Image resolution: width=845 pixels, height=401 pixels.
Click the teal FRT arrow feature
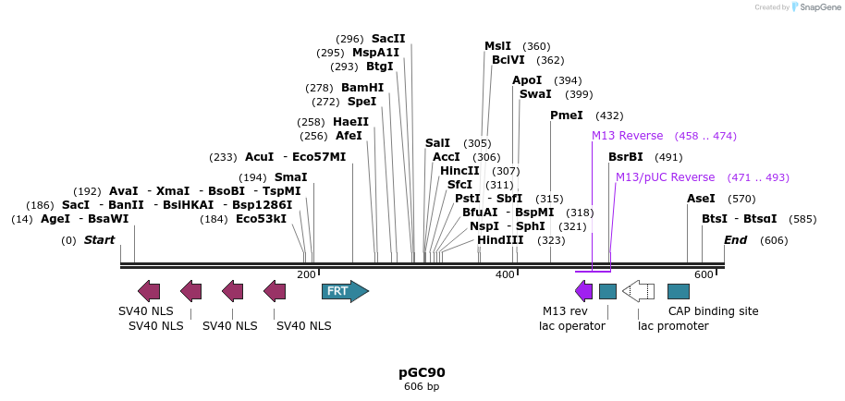click(345, 292)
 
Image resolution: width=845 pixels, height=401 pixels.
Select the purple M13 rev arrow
click(584, 292)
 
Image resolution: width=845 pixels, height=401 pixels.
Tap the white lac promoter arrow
click(639, 292)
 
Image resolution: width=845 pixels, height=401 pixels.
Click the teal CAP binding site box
click(679, 292)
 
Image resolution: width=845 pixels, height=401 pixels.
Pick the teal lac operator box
click(607, 292)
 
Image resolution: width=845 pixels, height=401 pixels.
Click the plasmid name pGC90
click(422, 372)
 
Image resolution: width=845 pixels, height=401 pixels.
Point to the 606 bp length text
click(422, 387)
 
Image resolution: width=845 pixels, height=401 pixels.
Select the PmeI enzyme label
click(567, 115)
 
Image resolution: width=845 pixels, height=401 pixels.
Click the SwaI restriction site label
click(535, 94)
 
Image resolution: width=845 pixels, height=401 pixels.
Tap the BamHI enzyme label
click(362, 88)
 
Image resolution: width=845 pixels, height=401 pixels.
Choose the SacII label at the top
click(388, 39)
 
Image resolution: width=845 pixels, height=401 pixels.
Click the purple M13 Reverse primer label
click(628, 136)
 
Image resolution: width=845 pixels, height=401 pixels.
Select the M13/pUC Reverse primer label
click(666, 177)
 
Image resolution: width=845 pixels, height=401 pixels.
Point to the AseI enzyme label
click(702, 199)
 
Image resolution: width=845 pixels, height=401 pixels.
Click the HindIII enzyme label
click(500, 240)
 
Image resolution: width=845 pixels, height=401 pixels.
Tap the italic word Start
click(100, 240)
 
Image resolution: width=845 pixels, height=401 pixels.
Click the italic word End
click(736, 240)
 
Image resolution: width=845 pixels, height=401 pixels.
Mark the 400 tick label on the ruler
click(505, 275)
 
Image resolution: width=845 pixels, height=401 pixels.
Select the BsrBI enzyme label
click(626, 157)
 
